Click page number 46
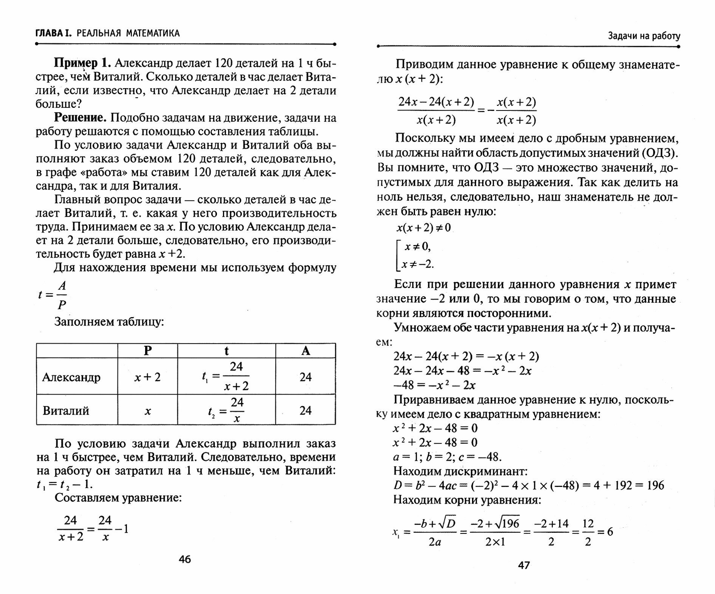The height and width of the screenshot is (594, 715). click(185, 559)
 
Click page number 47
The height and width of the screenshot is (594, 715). click(524, 565)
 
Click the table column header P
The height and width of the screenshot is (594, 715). click(148, 351)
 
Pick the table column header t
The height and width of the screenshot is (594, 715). click(226, 351)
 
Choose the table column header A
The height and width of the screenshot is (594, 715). click(305, 351)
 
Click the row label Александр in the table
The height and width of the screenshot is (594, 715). click(71, 377)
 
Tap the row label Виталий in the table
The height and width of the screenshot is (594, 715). click(66, 411)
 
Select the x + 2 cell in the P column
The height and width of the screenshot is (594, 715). click(148, 377)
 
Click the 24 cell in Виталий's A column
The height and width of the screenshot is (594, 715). click(305, 411)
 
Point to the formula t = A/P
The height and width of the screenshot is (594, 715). click(53, 295)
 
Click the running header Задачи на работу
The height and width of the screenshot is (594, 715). click(644, 36)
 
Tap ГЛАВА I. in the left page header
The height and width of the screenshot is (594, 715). click(53, 33)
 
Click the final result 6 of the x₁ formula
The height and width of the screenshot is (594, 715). click(610, 532)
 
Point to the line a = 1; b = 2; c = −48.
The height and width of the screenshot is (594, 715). click(447, 457)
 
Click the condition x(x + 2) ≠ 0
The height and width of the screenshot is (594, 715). click(424, 228)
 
